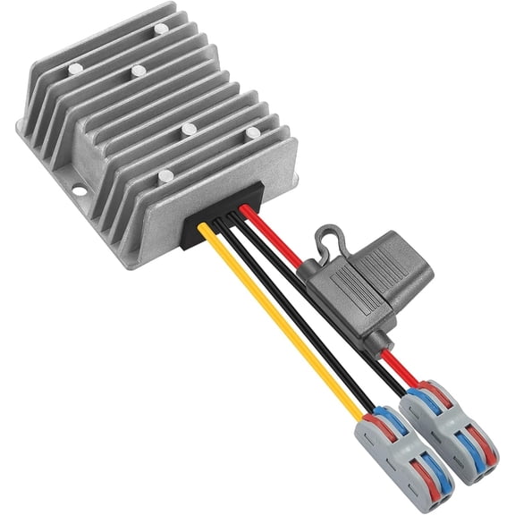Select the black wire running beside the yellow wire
[x=295, y=313]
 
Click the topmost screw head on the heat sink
[x=161, y=29]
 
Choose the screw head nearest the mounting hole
[x=165, y=175]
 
